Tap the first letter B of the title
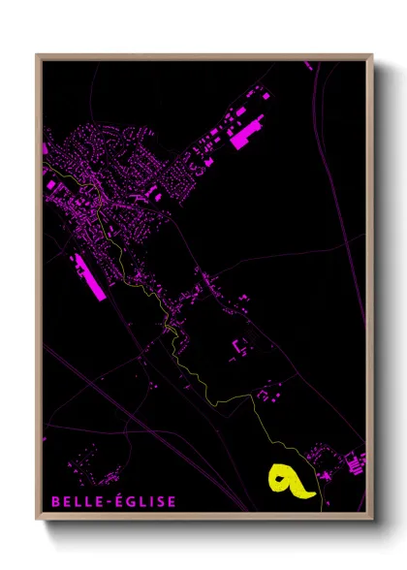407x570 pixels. [54, 501]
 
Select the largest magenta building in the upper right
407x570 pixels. [247, 132]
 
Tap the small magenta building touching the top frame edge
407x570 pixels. [309, 65]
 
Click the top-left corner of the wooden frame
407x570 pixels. [38, 55]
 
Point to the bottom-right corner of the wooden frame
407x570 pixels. [372, 515]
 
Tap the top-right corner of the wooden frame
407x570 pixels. [372, 55]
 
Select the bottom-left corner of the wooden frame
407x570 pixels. [38, 515]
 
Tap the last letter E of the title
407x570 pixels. [172, 501]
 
